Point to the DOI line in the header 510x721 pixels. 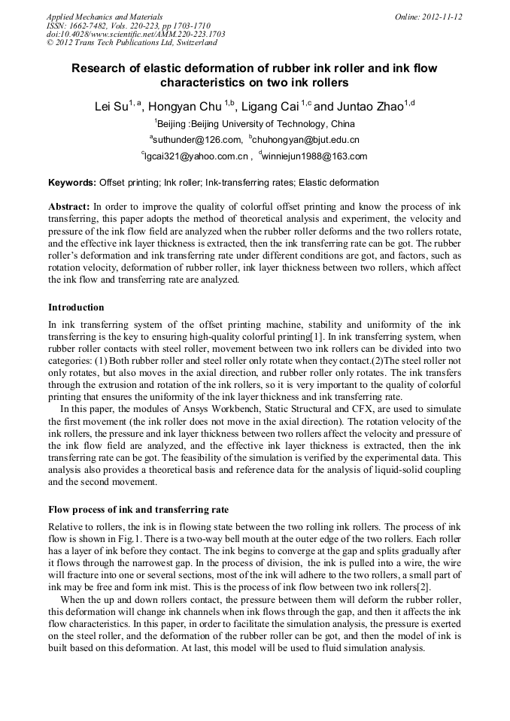135,35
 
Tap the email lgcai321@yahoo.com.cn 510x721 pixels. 196,156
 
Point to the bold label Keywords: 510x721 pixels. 72,183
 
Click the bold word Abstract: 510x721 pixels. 68,206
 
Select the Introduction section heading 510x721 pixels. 76,307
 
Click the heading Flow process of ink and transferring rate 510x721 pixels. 138,509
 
